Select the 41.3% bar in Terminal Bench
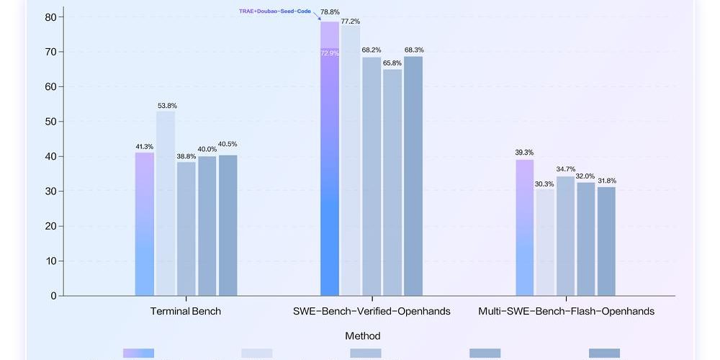tap(145, 224)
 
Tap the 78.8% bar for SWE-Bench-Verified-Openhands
tap(330, 158)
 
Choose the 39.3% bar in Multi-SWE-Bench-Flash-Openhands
tap(524, 228)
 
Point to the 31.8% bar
tap(606, 241)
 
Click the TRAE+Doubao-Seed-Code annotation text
tap(275, 12)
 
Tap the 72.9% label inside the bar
tap(330, 53)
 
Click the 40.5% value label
tap(228, 144)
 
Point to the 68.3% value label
tap(414, 50)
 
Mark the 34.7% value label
tap(565, 168)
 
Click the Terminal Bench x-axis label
tap(186, 312)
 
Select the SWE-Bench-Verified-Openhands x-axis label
tap(372, 312)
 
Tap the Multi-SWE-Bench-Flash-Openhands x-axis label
tap(566, 312)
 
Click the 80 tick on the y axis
tap(50, 17)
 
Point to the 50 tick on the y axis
tap(50, 122)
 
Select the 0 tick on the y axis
tap(53, 296)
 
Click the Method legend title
tap(362, 336)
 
